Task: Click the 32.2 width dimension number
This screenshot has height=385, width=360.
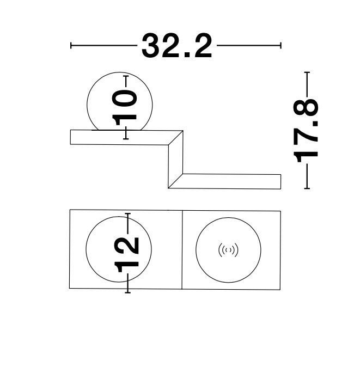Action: coord(176,46)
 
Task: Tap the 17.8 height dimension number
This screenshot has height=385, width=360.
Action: coord(306,131)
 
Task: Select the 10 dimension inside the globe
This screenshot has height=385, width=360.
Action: coord(124,107)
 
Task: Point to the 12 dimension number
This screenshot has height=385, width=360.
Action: coord(127,255)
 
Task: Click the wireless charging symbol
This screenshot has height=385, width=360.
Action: coord(228,250)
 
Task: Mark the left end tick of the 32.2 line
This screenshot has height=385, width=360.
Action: coord(71,45)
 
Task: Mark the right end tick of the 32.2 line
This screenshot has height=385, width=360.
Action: coord(280,45)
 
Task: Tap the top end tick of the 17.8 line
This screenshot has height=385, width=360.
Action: coord(307,72)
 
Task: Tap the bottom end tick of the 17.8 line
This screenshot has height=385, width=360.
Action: coord(307,188)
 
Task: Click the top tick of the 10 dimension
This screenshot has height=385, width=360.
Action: coord(126,76)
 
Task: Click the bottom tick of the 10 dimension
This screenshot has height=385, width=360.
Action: coord(126,139)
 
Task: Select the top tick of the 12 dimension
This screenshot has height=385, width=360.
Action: coord(127,213)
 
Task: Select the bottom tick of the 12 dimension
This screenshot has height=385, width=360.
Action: coord(127,292)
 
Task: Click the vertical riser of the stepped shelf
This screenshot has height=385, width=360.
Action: coord(175,160)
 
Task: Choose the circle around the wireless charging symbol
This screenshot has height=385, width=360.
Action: coord(228,250)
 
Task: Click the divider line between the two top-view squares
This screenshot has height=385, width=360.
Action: coord(182,250)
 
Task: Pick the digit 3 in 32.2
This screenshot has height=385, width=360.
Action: coord(151,46)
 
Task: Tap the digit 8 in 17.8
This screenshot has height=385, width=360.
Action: coord(306,107)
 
